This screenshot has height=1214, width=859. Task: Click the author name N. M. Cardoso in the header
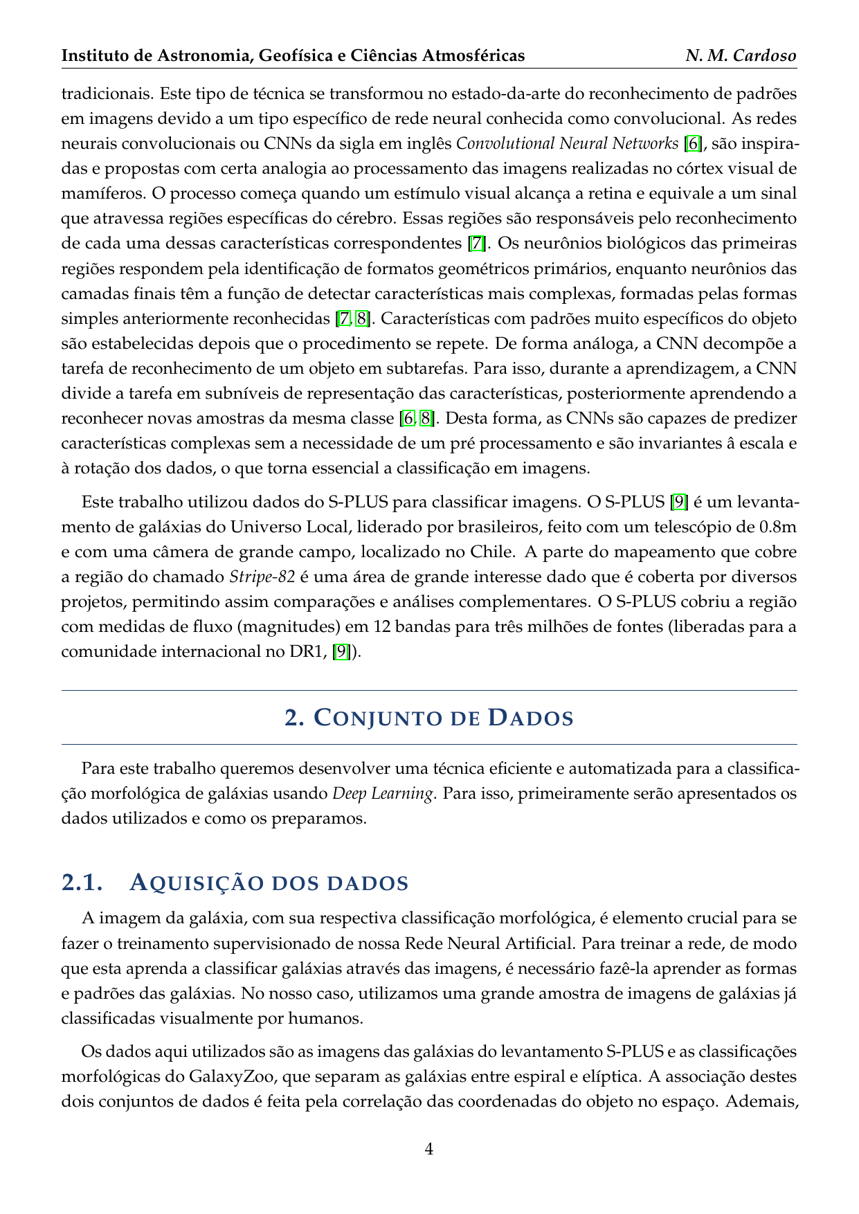[x=741, y=55]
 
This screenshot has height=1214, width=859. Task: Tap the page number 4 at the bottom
[x=429, y=1150]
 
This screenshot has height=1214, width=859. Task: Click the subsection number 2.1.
[x=82, y=883]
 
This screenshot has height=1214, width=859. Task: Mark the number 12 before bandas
[x=383, y=627]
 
